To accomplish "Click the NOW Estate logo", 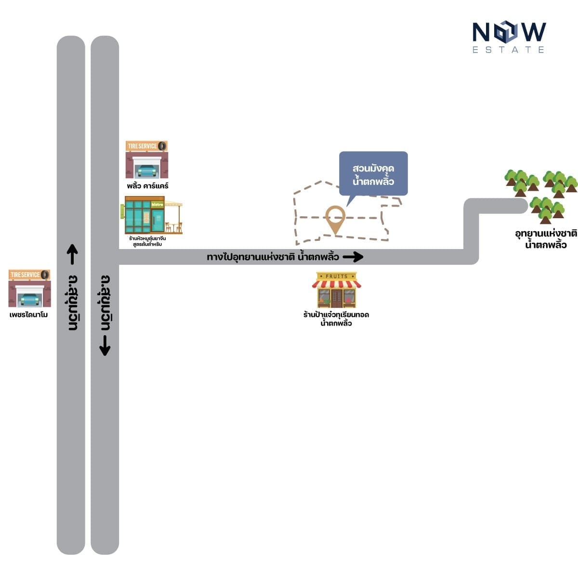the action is point(509,37).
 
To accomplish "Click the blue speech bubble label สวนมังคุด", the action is point(373,174).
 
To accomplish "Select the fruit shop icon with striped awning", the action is point(337,290).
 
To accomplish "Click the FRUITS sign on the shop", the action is point(337,276).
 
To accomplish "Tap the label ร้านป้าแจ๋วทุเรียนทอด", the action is point(336,315).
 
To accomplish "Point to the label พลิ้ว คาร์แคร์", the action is point(147,185).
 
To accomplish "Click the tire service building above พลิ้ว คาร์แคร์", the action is point(147,159).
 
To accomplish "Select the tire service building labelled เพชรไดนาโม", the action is point(29,288).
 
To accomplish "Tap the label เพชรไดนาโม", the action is point(29,315).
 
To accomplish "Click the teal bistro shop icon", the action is point(151,215).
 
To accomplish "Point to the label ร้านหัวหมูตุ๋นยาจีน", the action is point(147,238).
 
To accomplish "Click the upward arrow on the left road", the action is point(72,254).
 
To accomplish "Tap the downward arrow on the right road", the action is point(105,345).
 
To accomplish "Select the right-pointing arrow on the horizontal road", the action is point(353,257).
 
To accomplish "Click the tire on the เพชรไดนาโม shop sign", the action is point(45,275).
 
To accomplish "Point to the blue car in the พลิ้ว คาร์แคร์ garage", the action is point(147,171).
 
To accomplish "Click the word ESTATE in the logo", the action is point(509,50).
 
